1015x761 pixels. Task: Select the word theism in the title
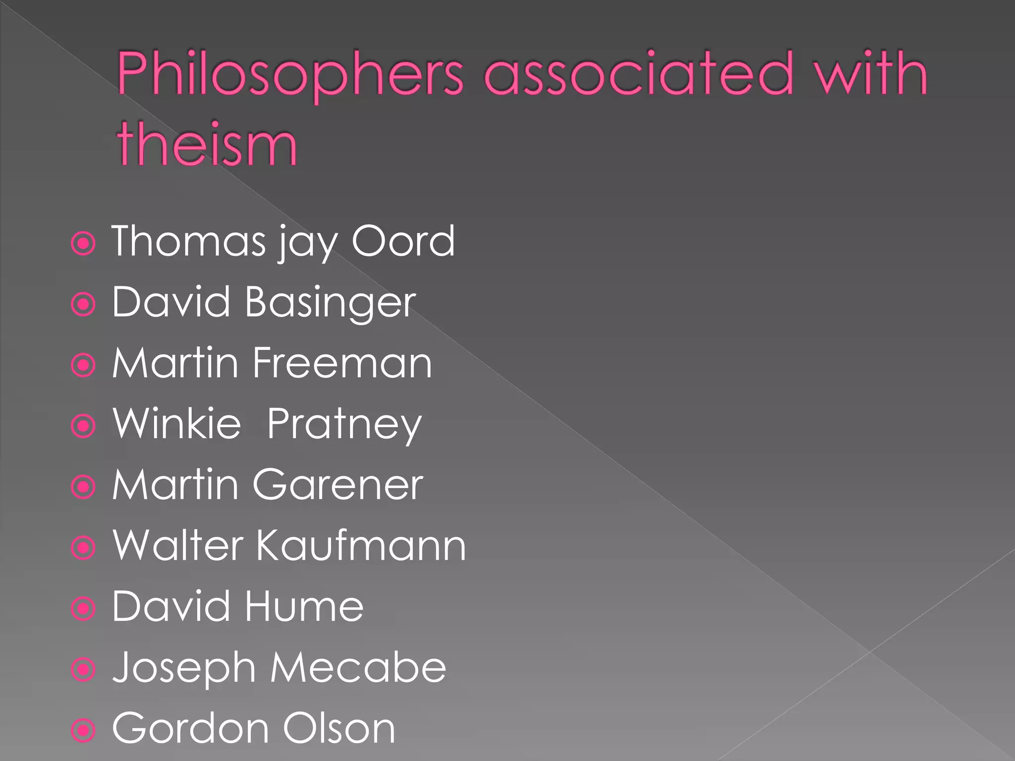point(207,144)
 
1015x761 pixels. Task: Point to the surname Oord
point(402,241)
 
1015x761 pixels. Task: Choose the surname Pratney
point(344,425)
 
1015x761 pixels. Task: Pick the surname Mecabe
point(358,667)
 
